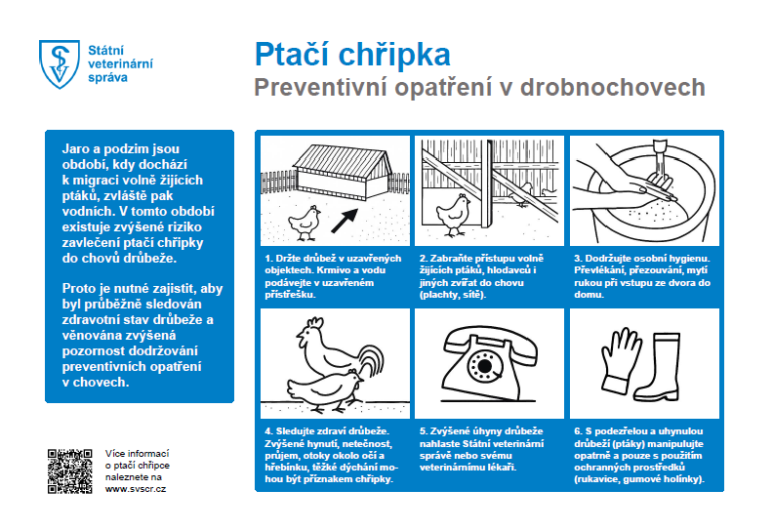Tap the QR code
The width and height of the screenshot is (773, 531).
(x=68, y=470)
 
